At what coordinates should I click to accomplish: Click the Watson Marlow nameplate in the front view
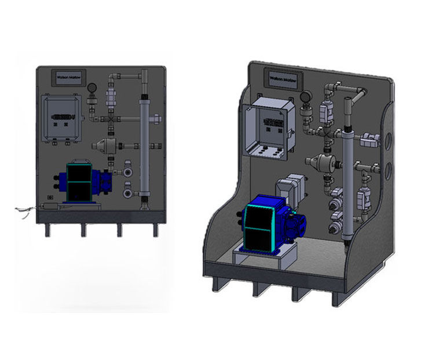point(68,76)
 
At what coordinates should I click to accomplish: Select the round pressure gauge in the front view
point(92,88)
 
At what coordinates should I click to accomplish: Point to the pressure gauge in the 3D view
point(307,94)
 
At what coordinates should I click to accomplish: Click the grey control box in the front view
point(63,119)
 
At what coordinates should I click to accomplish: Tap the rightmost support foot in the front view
point(155,230)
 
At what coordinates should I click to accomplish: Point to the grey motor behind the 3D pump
point(287,191)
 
